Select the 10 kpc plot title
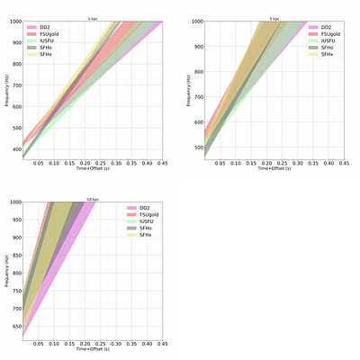pyautogui.click(x=93, y=198)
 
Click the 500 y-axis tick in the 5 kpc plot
pyautogui.click(x=199, y=148)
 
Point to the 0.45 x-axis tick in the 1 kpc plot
pyautogui.click(x=163, y=165)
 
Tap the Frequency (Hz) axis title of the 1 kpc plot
pyautogui.click(x=7, y=90)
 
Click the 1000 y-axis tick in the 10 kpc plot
pyautogui.click(x=15, y=202)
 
